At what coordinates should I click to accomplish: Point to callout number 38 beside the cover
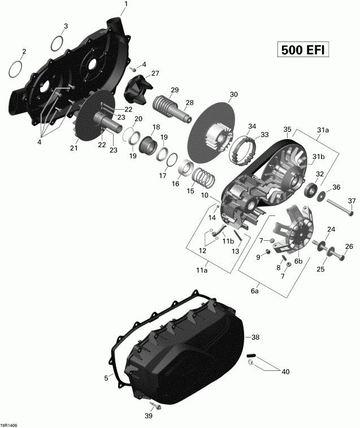(255, 337)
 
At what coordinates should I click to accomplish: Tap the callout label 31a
(323, 130)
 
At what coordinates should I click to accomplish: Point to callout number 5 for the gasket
(106, 378)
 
